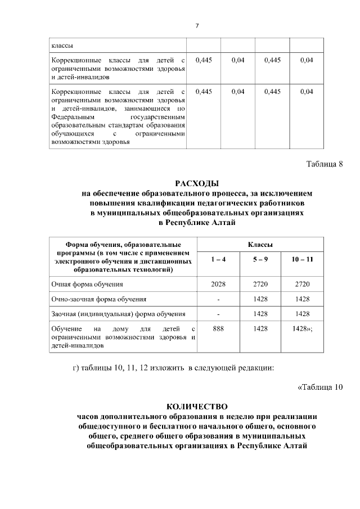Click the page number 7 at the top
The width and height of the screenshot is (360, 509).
[197, 25]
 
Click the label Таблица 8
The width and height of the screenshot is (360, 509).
[324, 164]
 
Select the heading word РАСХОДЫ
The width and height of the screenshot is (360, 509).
[197, 183]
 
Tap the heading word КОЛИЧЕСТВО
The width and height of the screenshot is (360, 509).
[197, 406]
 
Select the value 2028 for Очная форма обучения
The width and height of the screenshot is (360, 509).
[218, 285]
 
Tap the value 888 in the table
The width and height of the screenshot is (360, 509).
[218, 328]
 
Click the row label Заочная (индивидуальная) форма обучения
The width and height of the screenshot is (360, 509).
[118, 313]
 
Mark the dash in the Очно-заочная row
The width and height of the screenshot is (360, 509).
[218, 299]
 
